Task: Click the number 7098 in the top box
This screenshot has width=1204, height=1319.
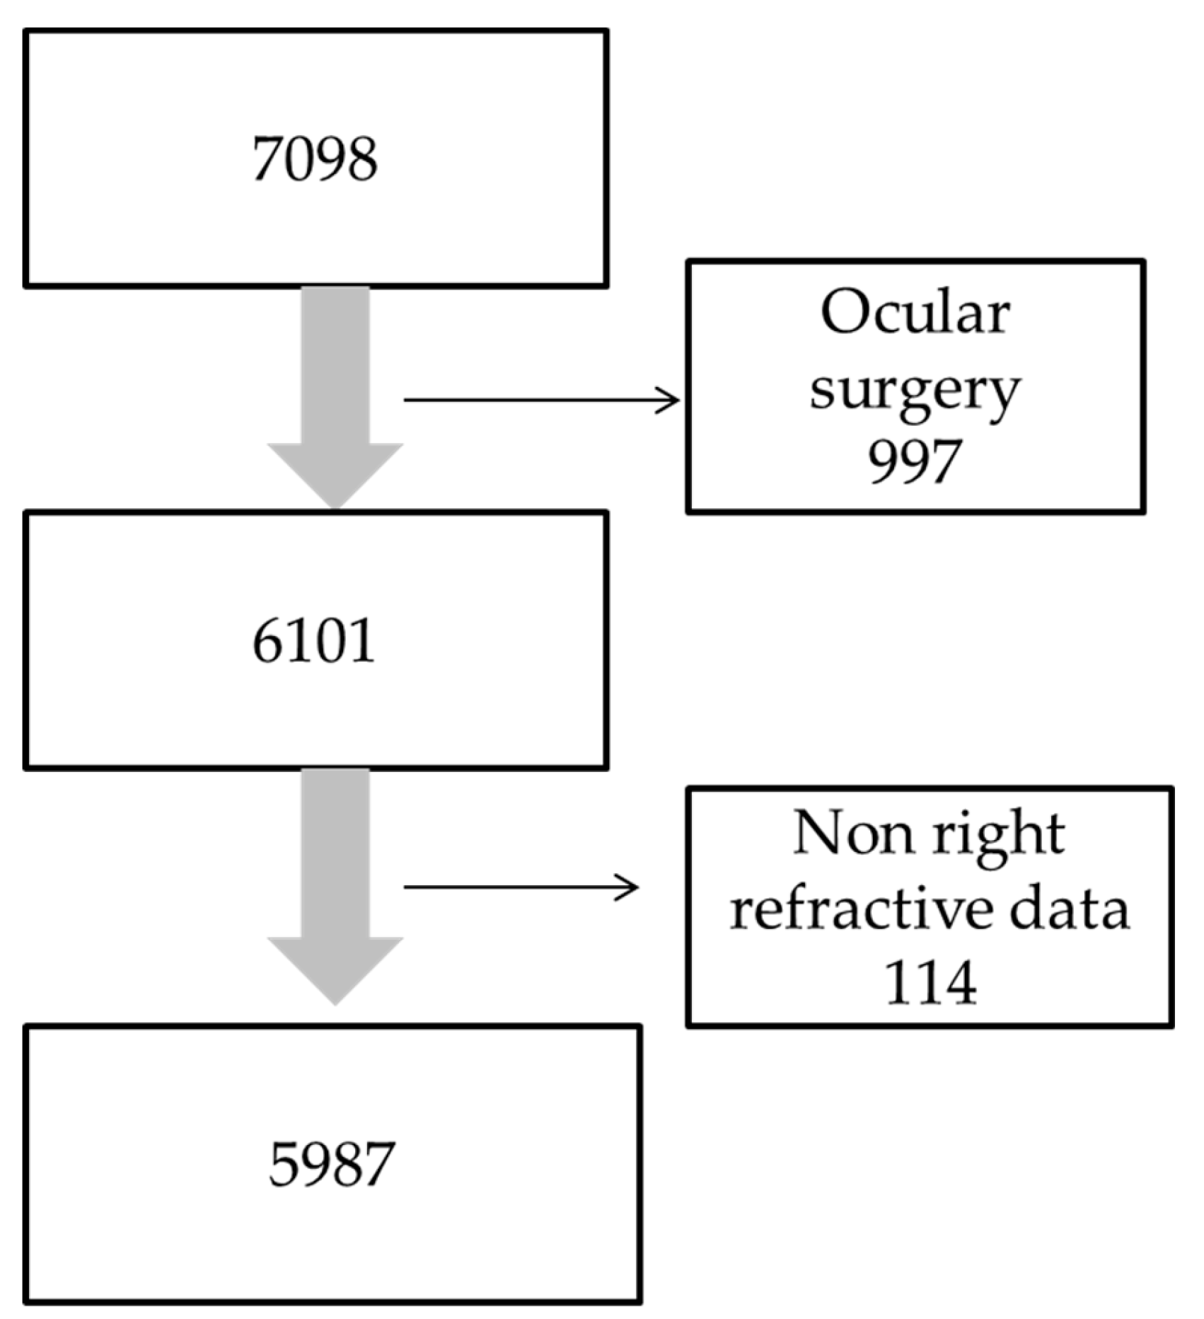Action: (315, 159)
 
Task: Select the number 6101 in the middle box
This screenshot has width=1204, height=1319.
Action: (313, 641)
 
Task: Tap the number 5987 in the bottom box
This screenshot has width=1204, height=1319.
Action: (331, 1164)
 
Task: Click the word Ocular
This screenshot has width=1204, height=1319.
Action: (915, 313)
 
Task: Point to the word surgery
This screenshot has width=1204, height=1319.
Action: (915, 389)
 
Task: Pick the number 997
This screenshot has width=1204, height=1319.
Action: (914, 461)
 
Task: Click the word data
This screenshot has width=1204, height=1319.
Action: (1069, 909)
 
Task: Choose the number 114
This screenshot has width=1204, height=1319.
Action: (930, 982)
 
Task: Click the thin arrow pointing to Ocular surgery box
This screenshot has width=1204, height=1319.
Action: (538, 401)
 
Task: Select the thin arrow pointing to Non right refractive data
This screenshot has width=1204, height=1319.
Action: (520, 887)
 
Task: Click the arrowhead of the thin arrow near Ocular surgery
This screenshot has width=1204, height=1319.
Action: (668, 401)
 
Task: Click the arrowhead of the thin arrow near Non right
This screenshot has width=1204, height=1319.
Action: (628, 887)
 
